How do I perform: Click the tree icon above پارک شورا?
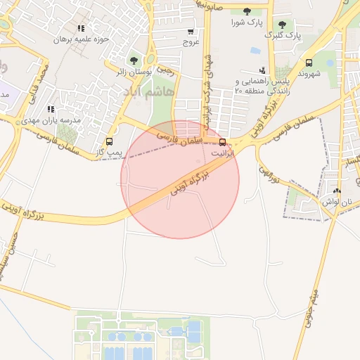pos(247,11)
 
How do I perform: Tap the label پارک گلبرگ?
pos(283,34)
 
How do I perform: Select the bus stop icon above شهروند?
pos(309,63)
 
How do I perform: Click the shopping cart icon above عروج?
pos(191,32)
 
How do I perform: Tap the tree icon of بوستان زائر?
pos(134,60)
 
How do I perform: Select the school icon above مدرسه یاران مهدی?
pos(50,110)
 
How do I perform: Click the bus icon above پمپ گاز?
pos(108,141)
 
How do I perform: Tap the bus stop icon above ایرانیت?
pos(223,141)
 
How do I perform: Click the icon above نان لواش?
pos(337,191)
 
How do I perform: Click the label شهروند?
pos(309,73)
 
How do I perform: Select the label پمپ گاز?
pos(109,152)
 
